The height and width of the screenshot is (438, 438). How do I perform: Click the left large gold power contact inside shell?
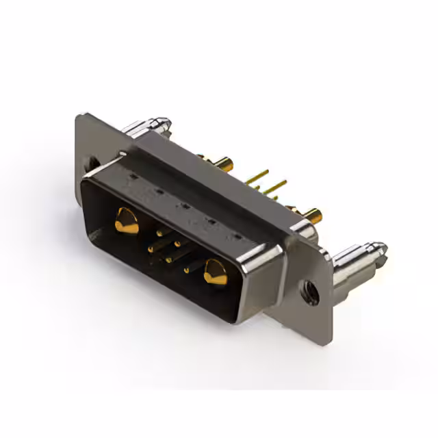pos(126,220)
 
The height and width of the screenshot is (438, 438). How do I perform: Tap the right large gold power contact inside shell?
pos(215,273)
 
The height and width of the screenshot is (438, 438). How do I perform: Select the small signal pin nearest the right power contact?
pos(186,270)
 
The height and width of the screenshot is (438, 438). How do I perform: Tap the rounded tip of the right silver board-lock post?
pos(378,248)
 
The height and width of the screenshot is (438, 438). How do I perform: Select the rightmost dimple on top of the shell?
pos(237,236)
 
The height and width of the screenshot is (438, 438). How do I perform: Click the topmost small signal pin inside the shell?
pos(159,233)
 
